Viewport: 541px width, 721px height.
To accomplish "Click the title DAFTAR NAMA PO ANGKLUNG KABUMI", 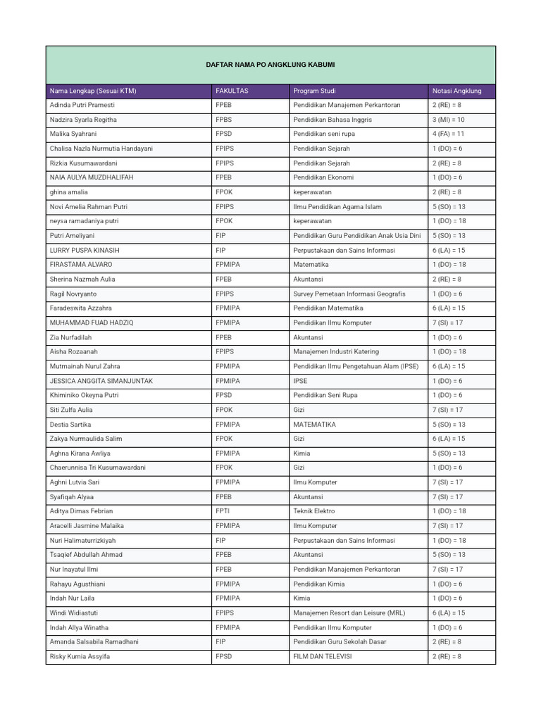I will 270,65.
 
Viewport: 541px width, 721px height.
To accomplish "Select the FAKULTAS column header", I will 232,91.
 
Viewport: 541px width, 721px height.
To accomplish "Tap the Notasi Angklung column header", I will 456,91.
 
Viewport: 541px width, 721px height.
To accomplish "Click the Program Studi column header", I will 314,91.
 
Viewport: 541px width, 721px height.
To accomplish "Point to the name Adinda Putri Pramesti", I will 82,105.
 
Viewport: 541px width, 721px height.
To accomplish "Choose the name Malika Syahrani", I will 73,134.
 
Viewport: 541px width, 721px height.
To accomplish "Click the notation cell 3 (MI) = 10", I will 448,120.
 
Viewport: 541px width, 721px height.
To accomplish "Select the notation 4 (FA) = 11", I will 448,134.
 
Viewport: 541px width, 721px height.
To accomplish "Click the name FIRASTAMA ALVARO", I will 81,265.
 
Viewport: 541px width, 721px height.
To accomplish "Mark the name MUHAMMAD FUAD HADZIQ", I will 92,322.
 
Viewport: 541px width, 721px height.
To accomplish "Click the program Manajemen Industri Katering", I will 336,351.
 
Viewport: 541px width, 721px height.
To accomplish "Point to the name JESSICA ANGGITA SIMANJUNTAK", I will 101,381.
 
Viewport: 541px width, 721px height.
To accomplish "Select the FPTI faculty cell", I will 223,511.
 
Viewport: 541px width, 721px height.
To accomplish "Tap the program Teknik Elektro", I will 314,511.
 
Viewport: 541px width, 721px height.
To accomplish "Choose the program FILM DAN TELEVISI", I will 323,656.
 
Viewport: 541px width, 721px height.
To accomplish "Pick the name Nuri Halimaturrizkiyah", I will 83,540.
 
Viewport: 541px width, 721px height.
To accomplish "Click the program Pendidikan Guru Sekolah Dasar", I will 340,641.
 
